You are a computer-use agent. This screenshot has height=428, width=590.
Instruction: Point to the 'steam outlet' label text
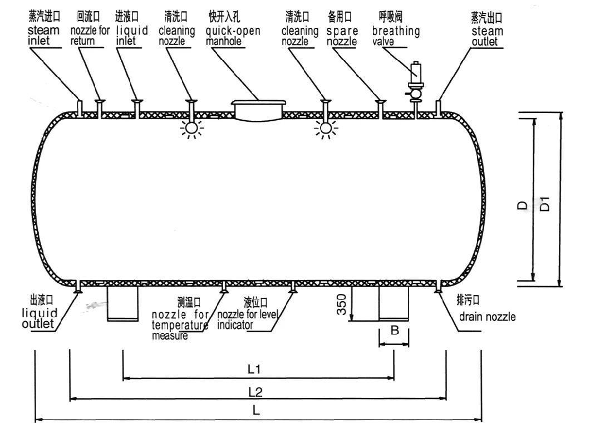pyautogui.click(x=486, y=37)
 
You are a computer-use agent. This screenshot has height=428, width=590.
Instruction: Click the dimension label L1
pyautogui.click(x=255, y=368)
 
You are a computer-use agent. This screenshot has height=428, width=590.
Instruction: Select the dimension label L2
pyautogui.click(x=255, y=391)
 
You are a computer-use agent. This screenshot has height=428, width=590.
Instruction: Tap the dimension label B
pyautogui.click(x=394, y=331)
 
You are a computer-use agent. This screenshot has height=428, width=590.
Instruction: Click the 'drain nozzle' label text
pyautogui.click(x=487, y=317)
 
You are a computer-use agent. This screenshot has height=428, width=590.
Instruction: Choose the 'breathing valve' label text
pyautogui.click(x=396, y=37)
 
